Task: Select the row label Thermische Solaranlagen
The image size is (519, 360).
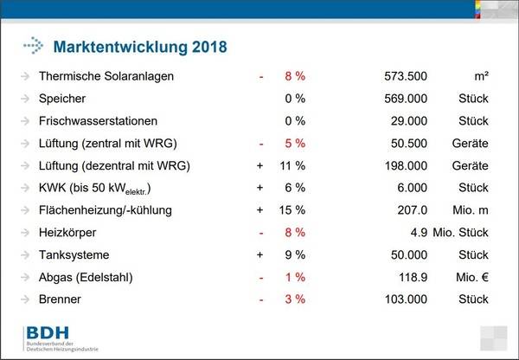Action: (106, 76)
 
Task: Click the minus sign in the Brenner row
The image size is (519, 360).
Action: (260, 299)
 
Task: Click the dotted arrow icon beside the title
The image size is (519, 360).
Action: (33, 44)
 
